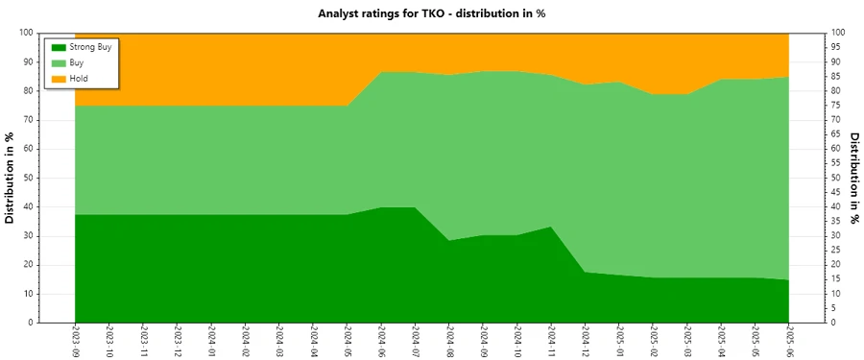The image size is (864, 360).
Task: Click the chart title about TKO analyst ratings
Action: click(431, 13)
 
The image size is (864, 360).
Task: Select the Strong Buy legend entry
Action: click(91, 47)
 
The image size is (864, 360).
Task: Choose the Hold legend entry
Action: click(79, 78)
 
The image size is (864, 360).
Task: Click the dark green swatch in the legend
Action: click(58, 47)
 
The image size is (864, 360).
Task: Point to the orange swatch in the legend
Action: click(58, 78)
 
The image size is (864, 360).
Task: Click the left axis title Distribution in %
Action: click(11, 178)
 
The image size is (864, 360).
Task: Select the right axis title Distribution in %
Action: click(853, 178)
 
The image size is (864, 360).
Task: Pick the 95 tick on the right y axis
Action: click(837, 47)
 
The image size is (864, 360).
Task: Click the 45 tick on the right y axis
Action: click(837, 192)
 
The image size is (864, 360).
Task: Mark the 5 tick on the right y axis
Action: click(835, 308)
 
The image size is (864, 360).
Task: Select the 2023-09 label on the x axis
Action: click(75, 340)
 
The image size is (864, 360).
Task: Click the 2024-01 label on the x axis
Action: click(211, 340)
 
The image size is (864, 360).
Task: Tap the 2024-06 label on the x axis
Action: click(381, 340)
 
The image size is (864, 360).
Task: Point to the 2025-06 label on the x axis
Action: click(789, 340)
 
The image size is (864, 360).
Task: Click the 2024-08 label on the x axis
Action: click(449, 340)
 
